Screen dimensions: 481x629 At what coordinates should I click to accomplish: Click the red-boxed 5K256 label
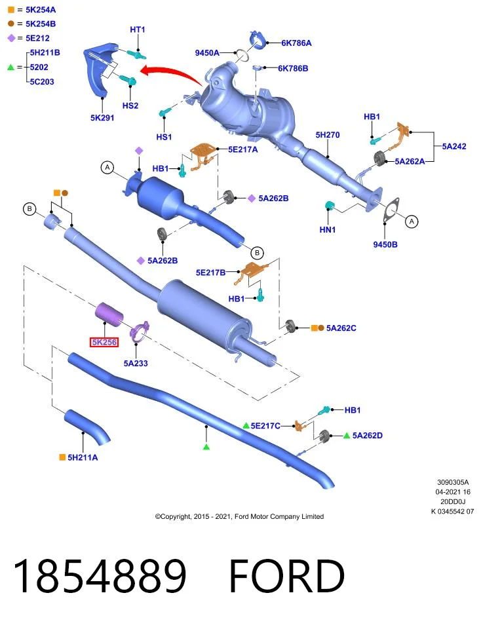coord(104,342)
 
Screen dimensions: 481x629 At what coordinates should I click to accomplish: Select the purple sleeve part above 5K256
coord(109,313)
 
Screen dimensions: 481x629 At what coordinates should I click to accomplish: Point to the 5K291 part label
coord(102,118)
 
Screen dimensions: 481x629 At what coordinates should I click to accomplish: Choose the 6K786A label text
coord(296,43)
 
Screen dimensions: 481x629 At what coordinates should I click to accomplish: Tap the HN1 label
coord(328,230)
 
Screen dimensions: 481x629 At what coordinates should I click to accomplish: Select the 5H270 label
coord(328,135)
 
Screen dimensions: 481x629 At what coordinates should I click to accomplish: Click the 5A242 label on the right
coord(454,146)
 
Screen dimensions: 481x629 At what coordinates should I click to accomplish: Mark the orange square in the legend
coord(11,10)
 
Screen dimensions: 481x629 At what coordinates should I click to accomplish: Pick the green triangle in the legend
coord(11,67)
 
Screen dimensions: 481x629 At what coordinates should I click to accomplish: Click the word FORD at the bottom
coord(287,576)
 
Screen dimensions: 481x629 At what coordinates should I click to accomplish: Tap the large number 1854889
coord(100,576)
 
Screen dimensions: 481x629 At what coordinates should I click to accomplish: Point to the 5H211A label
coord(83,457)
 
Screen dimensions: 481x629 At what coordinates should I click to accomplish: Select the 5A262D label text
coord(368,436)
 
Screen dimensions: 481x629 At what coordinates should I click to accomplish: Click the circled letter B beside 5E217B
coord(257,253)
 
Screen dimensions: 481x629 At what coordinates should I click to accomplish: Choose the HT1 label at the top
coord(138,29)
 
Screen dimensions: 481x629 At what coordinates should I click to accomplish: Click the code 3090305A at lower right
coord(453,482)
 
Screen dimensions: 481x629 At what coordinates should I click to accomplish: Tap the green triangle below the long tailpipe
coord(206,446)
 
